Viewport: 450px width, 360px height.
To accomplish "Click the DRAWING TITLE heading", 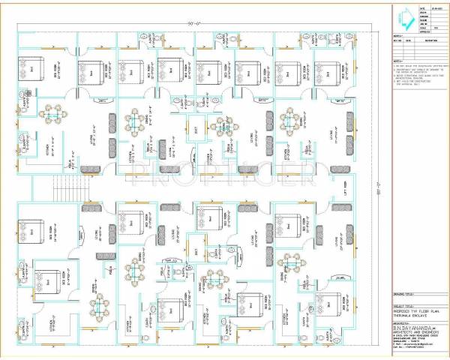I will (402, 295).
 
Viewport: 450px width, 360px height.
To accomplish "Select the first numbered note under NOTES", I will (417, 66).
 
